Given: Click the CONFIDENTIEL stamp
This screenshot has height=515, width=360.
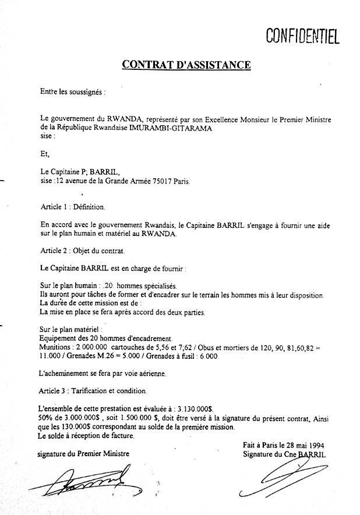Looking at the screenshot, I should coord(302,37).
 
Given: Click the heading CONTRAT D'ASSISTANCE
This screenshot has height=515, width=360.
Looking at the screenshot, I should coord(186,64).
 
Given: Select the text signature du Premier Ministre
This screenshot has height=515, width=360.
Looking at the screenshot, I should coord(83,453).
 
